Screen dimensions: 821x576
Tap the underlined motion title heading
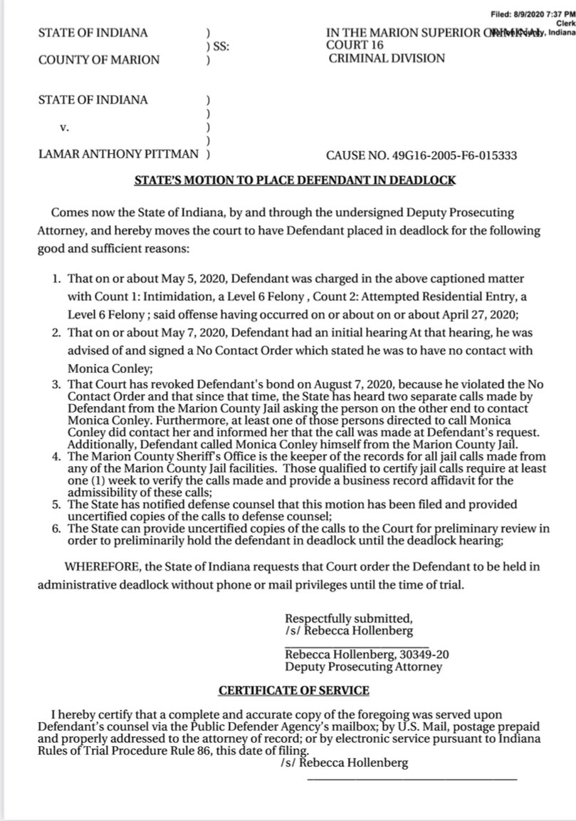(295, 180)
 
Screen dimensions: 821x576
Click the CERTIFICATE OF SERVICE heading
(293, 690)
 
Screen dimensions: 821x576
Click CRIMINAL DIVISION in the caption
(387, 58)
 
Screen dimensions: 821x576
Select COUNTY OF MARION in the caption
(99, 60)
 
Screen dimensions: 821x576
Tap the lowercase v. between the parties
(64, 128)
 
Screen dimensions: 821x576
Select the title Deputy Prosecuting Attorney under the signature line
(363, 667)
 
